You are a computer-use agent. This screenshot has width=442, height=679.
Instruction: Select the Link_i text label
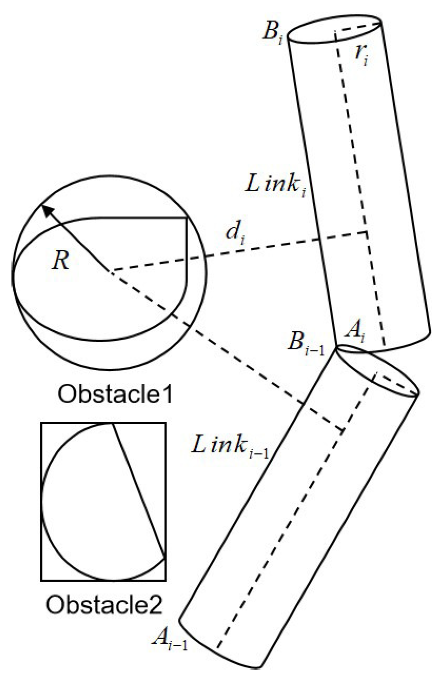(x=275, y=185)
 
